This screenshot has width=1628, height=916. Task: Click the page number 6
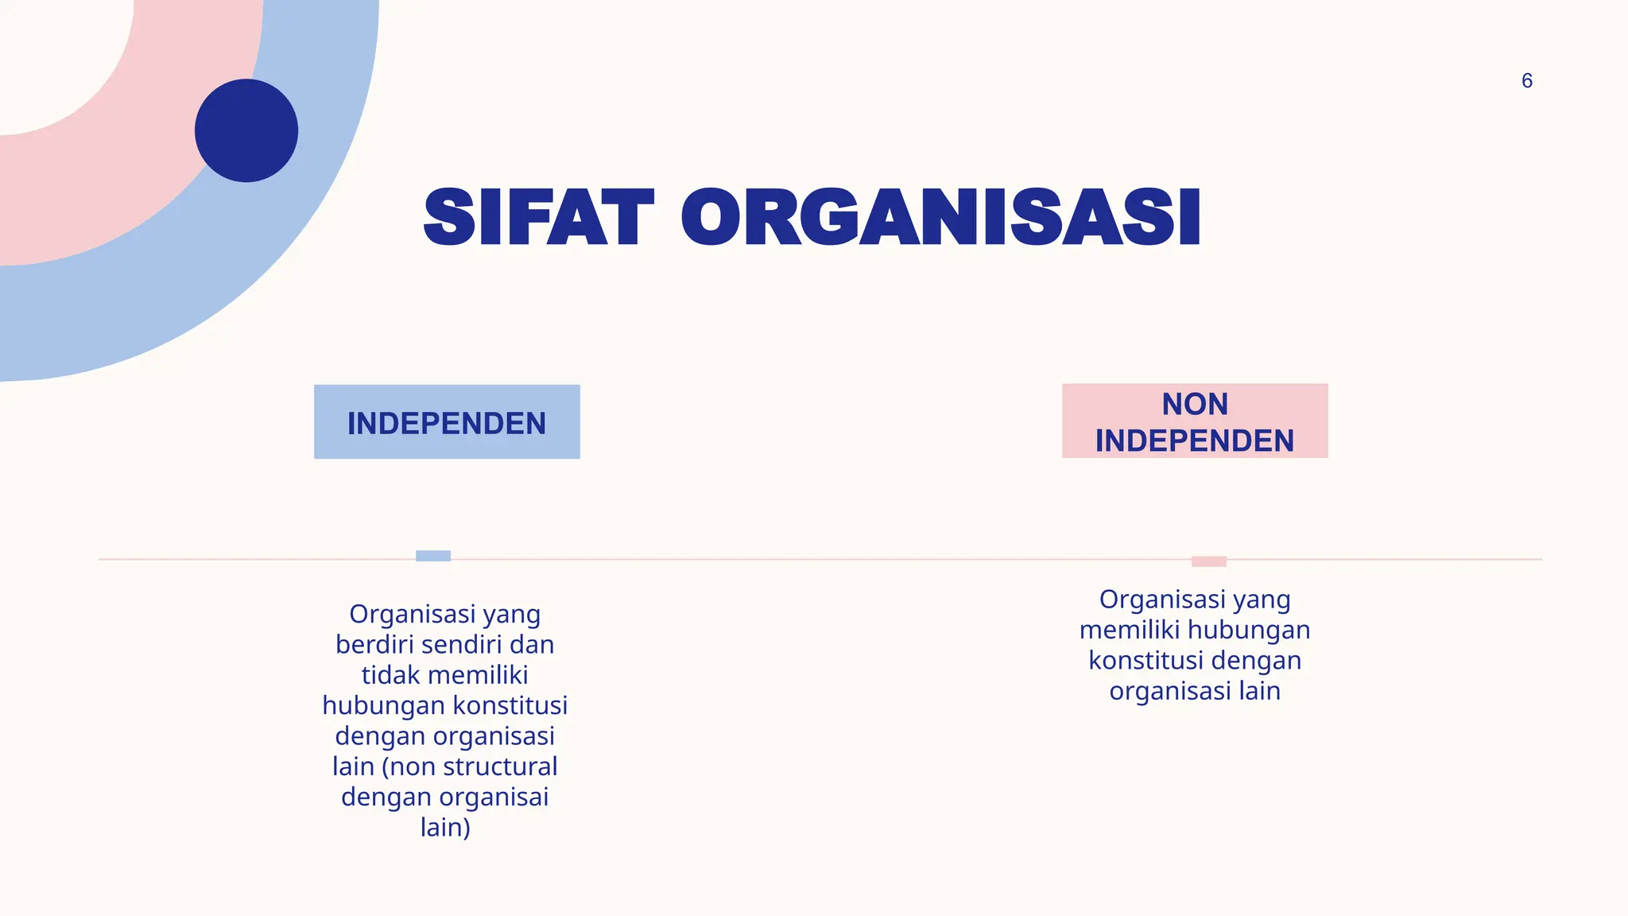click(x=1526, y=81)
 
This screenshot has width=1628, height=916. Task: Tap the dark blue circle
click(x=246, y=130)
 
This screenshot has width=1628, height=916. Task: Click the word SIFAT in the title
click(x=539, y=218)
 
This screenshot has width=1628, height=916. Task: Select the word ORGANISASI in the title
click(x=940, y=218)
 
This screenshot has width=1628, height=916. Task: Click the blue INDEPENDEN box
click(x=447, y=422)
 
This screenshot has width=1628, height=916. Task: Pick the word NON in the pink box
click(x=1195, y=405)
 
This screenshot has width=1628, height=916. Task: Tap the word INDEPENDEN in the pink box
click(x=1195, y=441)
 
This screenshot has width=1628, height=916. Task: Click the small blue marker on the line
click(x=433, y=556)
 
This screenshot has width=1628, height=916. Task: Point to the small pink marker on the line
click(x=1208, y=561)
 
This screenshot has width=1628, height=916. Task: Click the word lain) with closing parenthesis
click(x=445, y=827)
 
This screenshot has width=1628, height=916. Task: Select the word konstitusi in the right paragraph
click(x=1138, y=661)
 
